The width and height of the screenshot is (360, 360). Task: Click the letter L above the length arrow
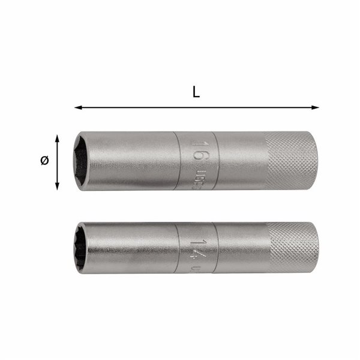(196, 93)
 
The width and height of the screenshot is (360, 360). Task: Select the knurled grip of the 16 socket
(292, 161)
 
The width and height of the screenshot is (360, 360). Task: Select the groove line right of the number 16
(219, 161)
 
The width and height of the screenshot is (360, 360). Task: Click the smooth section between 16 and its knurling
(243, 161)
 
